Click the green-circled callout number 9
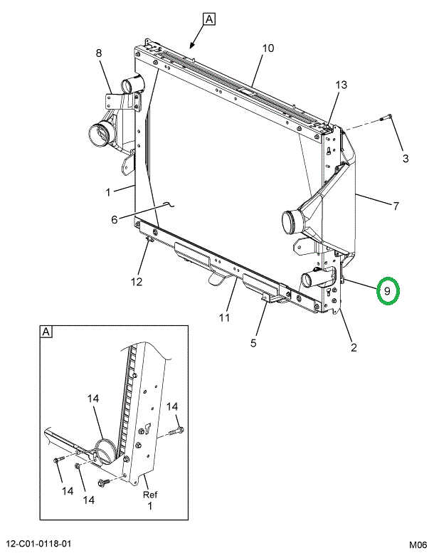[x=387, y=291]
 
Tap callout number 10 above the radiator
[x=268, y=48]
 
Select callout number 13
[x=341, y=85]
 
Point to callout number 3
[x=406, y=158]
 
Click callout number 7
[x=396, y=206]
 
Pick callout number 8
[x=99, y=53]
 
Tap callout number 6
[x=115, y=219]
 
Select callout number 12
[x=137, y=282]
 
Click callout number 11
[x=224, y=317]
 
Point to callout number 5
[x=253, y=342]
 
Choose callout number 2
[x=354, y=347]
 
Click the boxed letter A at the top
[x=209, y=19]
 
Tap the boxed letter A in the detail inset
[x=46, y=332]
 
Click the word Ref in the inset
[x=150, y=495]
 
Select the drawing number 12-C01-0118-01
[x=36, y=544]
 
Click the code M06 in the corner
[x=418, y=544]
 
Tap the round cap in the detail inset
[x=105, y=452]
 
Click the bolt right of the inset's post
[x=176, y=431]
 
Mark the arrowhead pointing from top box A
[x=192, y=45]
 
